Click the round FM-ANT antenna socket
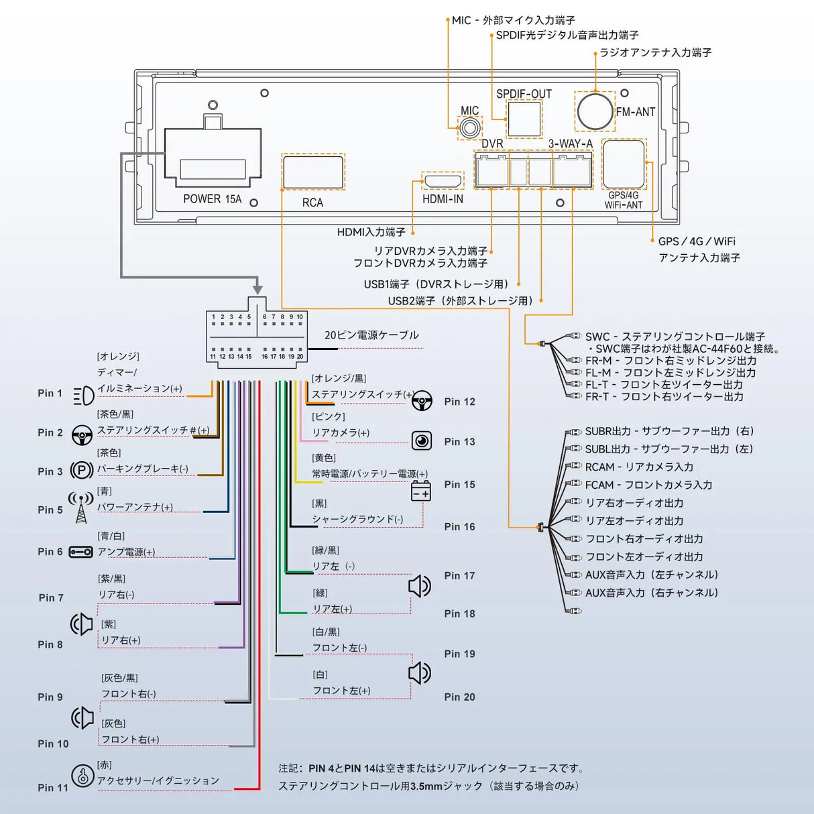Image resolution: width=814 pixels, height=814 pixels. click(595, 111)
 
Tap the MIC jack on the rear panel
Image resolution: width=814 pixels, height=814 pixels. click(469, 127)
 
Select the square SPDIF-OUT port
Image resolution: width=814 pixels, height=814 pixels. click(524, 119)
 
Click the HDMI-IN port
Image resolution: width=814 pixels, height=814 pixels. click(443, 181)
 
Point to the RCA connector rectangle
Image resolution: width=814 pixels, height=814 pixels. click(313, 172)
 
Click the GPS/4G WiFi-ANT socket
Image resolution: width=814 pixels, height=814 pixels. click(624, 164)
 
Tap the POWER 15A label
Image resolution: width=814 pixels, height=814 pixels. click(212, 199)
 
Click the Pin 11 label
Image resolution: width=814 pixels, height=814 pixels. click(53, 788)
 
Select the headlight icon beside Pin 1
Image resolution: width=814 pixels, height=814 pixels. click(83, 396)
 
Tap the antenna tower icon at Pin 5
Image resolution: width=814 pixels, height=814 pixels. click(81, 508)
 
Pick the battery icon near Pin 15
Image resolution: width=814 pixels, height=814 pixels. click(420, 491)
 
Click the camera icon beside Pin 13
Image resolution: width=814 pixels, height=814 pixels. click(422, 441)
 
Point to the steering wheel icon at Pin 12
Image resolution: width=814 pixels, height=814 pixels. click(422, 402)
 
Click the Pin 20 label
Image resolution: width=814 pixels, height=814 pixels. click(459, 697)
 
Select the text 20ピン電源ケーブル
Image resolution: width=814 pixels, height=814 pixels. click(371, 335)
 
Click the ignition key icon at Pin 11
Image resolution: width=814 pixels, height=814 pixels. click(82, 776)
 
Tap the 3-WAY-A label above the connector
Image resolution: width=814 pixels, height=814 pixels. click(571, 143)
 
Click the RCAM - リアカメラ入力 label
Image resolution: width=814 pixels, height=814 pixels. click(639, 467)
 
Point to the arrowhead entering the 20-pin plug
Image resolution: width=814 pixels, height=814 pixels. click(257, 288)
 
